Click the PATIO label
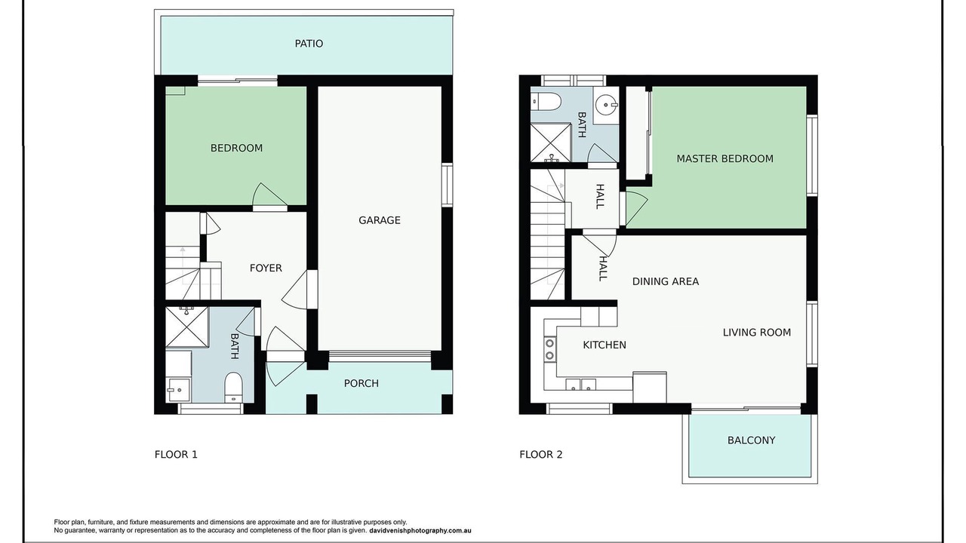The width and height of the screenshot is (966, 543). (309, 44)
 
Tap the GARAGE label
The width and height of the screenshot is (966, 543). (380, 220)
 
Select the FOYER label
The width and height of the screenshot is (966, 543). (266, 268)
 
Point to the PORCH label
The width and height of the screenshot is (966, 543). (361, 383)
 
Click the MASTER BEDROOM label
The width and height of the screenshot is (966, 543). (724, 158)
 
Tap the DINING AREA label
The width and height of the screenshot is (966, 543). (666, 281)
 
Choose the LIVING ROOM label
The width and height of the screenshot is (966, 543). (757, 333)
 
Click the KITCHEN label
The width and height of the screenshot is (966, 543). (605, 345)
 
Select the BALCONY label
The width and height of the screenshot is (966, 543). (751, 440)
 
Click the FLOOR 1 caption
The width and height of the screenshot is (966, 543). (176, 454)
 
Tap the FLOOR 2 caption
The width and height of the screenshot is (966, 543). (541, 454)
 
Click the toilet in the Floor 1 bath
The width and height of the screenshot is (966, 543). (234, 387)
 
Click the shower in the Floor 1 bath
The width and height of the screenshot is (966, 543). (187, 327)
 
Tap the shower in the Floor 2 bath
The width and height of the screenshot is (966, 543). (551, 143)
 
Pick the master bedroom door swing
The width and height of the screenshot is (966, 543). (636, 209)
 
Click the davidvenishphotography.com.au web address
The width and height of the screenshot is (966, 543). (420, 530)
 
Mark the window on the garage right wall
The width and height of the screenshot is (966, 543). (448, 185)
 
